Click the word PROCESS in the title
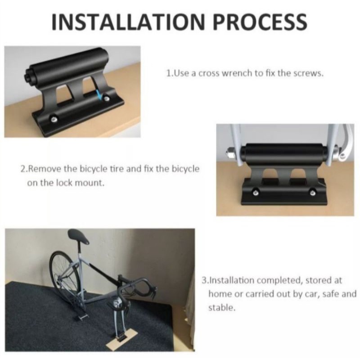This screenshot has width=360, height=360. coord(260,22)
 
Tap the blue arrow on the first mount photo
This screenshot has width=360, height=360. coord(99,95)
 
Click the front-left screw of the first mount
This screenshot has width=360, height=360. coord(54,119)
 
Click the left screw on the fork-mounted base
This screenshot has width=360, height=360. coord(255,193)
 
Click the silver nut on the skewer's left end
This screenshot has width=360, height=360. coord(230,153)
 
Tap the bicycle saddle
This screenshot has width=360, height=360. coord(78,237)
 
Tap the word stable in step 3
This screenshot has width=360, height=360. coord(221,308)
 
